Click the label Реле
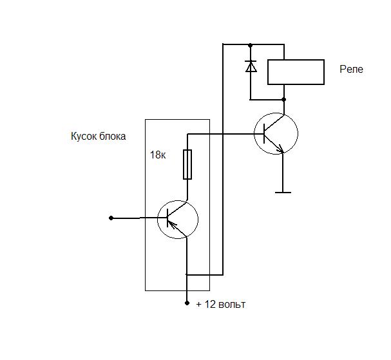(x=351, y=70)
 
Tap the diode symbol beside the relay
(x=251, y=66)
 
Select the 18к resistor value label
(x=158, y=155)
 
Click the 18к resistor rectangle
(x=187, y=164)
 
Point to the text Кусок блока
(x=99, y=137)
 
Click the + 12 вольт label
(x=221, y=305)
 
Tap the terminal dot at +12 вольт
(x=187, y=303)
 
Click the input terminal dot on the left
(x=111, y=218)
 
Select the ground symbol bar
(x=283, y=193)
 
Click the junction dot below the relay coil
(x=284, y=99)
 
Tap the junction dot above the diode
(x=251, y=45)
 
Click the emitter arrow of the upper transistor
(x=280, y=149)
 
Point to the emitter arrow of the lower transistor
(x=173, y=225)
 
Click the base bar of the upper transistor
(x=264, y=134)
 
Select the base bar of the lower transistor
(x=167, y=218)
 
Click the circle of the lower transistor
(x=158, y=220)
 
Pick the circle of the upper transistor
(x=254, y=133)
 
